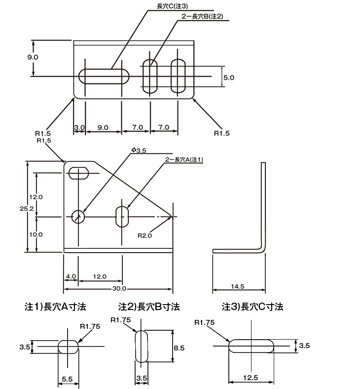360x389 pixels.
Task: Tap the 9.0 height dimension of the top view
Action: coord(33,57)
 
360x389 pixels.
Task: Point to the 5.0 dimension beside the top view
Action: coord(229,78)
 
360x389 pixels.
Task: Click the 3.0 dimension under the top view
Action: coord(79,127)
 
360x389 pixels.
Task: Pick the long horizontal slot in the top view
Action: coord(104,77)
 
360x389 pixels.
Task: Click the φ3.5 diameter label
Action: coord(138,150)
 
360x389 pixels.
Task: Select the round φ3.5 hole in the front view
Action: coord(78,216)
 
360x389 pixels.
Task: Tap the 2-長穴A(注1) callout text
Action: coord(183,159)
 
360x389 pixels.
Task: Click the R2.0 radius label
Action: coord(144,235)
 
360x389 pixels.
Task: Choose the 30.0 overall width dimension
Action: coord(119,288)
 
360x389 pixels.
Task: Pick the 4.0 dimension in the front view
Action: coord(70,276)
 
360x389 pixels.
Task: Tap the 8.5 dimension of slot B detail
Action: coord(179,348)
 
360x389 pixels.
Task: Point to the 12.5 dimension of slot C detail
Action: coord(251,377)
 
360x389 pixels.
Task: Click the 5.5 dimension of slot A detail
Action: coord(67,379)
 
